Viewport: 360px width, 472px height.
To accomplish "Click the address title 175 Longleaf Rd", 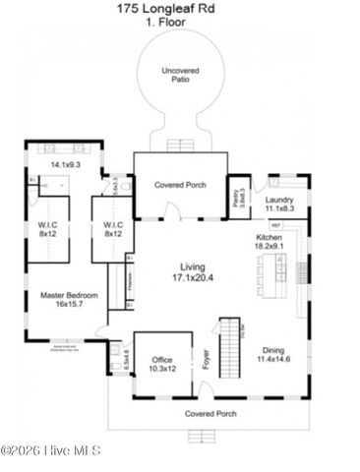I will [x=179, y=8].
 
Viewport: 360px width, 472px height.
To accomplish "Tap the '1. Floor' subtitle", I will [x=179, y=21].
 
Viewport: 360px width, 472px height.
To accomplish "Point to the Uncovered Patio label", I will [x=180, y=76].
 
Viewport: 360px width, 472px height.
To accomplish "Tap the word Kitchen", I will [x=270, y=238].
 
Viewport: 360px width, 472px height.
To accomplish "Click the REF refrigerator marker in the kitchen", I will [x=276, y=225].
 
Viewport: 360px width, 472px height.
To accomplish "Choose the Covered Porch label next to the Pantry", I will [x=180, y=184].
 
